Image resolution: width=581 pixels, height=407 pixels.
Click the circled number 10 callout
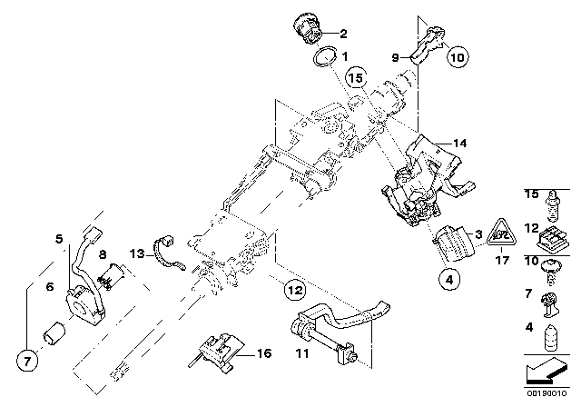(x=457, y=57)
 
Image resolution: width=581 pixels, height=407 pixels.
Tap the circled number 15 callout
(x=356, y=79)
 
